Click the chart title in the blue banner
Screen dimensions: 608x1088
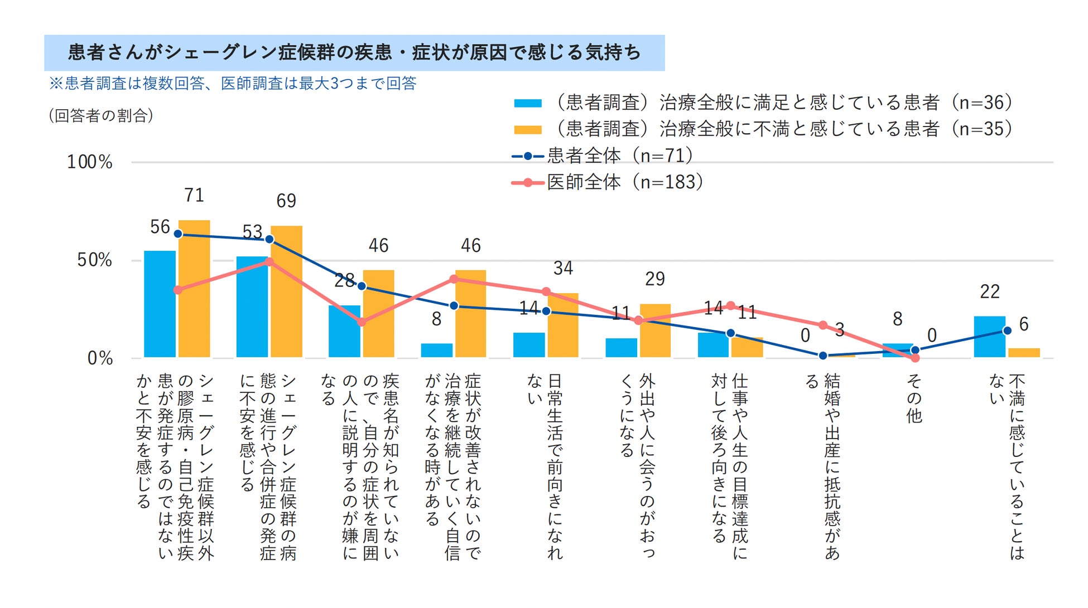click(354, 52)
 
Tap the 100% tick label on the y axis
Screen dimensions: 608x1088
click(89, 162)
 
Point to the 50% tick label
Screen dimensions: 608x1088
click(94, 260)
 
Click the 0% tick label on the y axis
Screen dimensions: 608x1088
click(100, 358)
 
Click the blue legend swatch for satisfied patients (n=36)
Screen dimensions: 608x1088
click(527, 103)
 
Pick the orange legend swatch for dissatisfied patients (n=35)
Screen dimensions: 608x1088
click(527, 130)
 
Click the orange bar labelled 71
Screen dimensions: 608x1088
click(194, 289)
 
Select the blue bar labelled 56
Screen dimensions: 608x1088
click(160, 304)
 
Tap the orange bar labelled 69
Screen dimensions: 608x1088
click(286, 291)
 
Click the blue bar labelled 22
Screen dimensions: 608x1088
click(989, 337)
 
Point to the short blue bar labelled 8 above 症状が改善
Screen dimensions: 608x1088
click(436, 350)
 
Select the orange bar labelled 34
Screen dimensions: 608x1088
click(563, 325)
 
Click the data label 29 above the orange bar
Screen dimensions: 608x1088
click(655, 279)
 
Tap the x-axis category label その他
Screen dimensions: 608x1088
click(913, 398)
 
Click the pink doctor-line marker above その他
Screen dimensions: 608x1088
click(915, 358)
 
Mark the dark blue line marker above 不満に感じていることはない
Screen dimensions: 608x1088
click(1007, 330)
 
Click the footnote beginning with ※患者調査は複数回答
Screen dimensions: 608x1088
click(233, 84)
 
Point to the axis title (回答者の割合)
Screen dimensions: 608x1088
click(101, 115)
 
